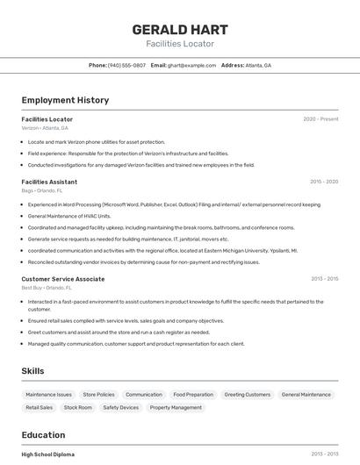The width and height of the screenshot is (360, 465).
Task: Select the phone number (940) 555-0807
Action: (126, 65)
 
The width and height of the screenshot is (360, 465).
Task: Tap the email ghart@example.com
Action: (191, 65)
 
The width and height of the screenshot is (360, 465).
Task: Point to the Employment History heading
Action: (65, 100)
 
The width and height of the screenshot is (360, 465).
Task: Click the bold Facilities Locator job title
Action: (47, 118)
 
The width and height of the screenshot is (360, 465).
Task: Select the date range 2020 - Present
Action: (320, 118)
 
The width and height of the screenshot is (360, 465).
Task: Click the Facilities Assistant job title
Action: (49, 182)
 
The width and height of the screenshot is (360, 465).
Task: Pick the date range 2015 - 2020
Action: (324, 182)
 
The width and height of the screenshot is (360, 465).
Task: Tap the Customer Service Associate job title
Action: (63, 279)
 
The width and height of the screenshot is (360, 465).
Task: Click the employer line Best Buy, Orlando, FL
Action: (47, 288)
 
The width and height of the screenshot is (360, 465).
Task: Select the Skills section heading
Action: (32, 371)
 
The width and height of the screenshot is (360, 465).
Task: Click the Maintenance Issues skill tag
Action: (49, 395)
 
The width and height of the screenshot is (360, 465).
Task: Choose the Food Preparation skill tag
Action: (193, 395)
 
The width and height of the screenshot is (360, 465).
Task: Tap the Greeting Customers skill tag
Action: (247, 395)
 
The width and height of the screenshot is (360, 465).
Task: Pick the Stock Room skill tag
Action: (78, 407)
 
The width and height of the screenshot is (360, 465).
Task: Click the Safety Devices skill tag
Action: (121, 407)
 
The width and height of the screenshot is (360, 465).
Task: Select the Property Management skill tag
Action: (176, 407)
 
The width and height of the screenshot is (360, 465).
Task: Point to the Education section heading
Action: (43, 435)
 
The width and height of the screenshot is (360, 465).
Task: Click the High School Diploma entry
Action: (48, 454)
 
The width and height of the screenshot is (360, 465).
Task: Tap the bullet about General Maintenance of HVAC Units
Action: (69, 216)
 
